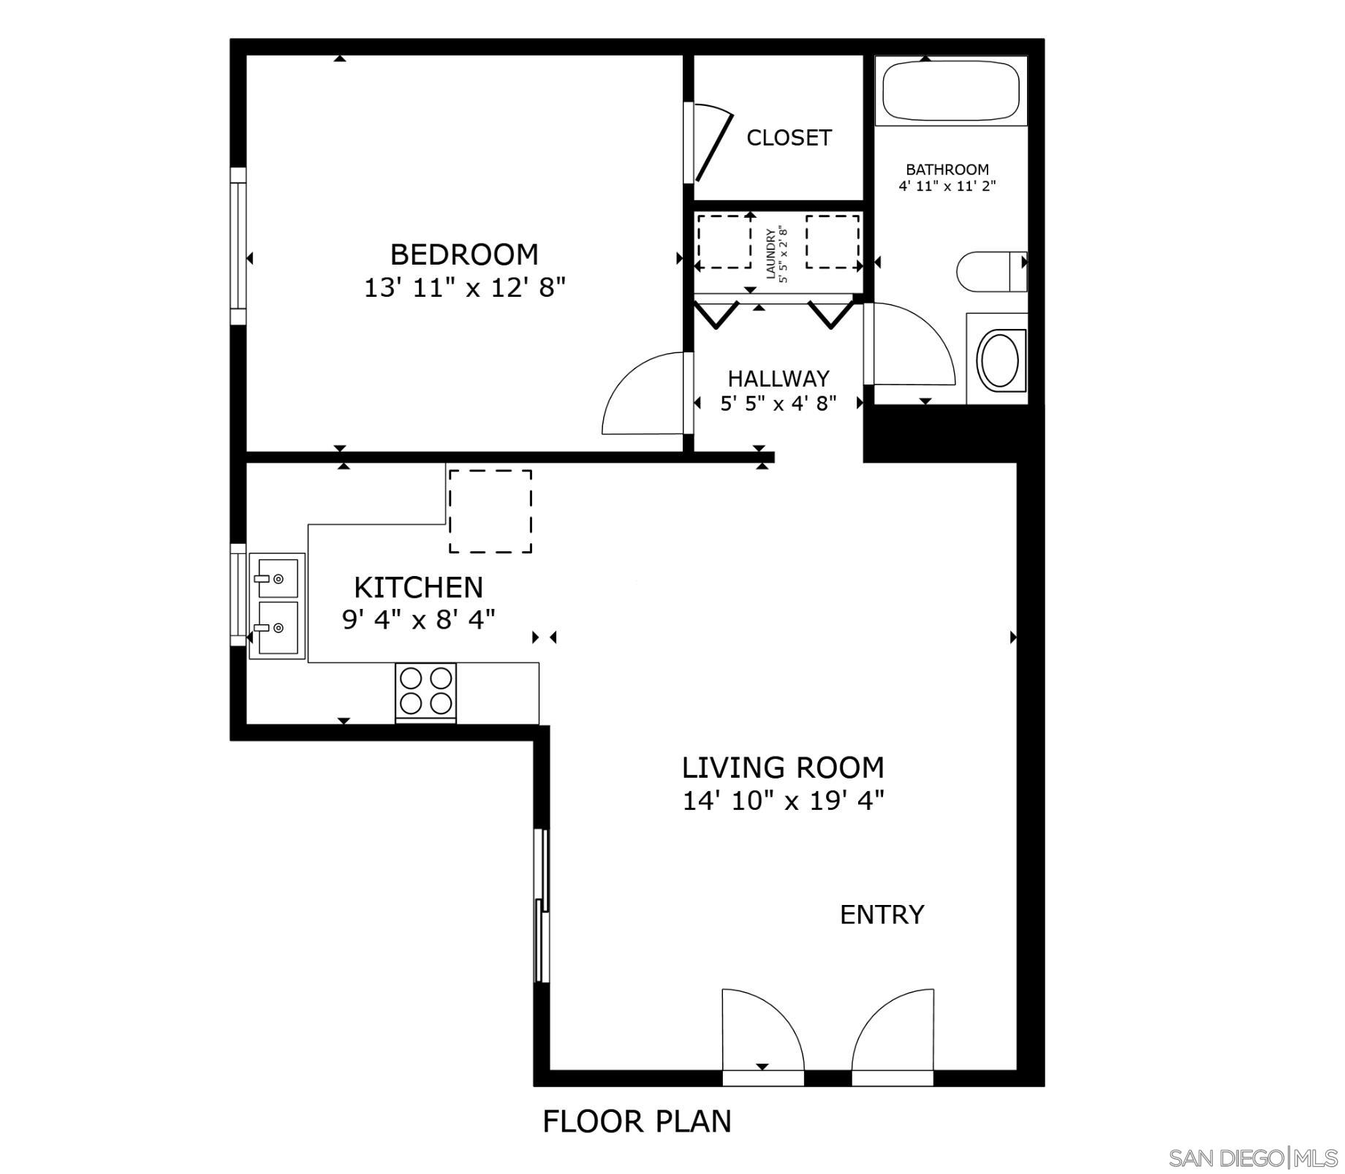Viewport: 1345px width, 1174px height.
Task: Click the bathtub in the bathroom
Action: click(951, 91)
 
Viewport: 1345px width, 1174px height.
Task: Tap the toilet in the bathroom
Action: click(992, 271)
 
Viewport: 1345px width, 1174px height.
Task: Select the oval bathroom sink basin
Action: click(999, 360)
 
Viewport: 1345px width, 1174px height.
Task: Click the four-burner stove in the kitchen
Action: click(425, 691)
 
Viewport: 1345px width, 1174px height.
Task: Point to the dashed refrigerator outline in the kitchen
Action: click(490, 511)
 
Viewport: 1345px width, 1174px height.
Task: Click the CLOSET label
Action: click(789, 137)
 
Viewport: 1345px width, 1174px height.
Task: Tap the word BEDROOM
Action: click(464, 254)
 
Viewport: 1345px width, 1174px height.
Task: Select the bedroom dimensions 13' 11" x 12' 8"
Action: click(465, 288)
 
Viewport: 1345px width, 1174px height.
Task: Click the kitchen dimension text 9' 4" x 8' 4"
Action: click(419, 620)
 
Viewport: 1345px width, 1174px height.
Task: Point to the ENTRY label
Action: click(882, 914)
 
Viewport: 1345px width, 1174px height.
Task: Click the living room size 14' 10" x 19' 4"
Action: click(783, 801)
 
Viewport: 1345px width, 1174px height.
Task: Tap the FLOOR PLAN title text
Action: click(637, 1121)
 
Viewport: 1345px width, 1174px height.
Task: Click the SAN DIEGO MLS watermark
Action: click(1253, 1158)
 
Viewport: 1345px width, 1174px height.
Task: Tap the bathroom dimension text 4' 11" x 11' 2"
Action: click(947, 186)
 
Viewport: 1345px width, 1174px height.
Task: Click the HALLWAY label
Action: click(778, 379)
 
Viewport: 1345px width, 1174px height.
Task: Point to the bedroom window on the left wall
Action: click(238, 246)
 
